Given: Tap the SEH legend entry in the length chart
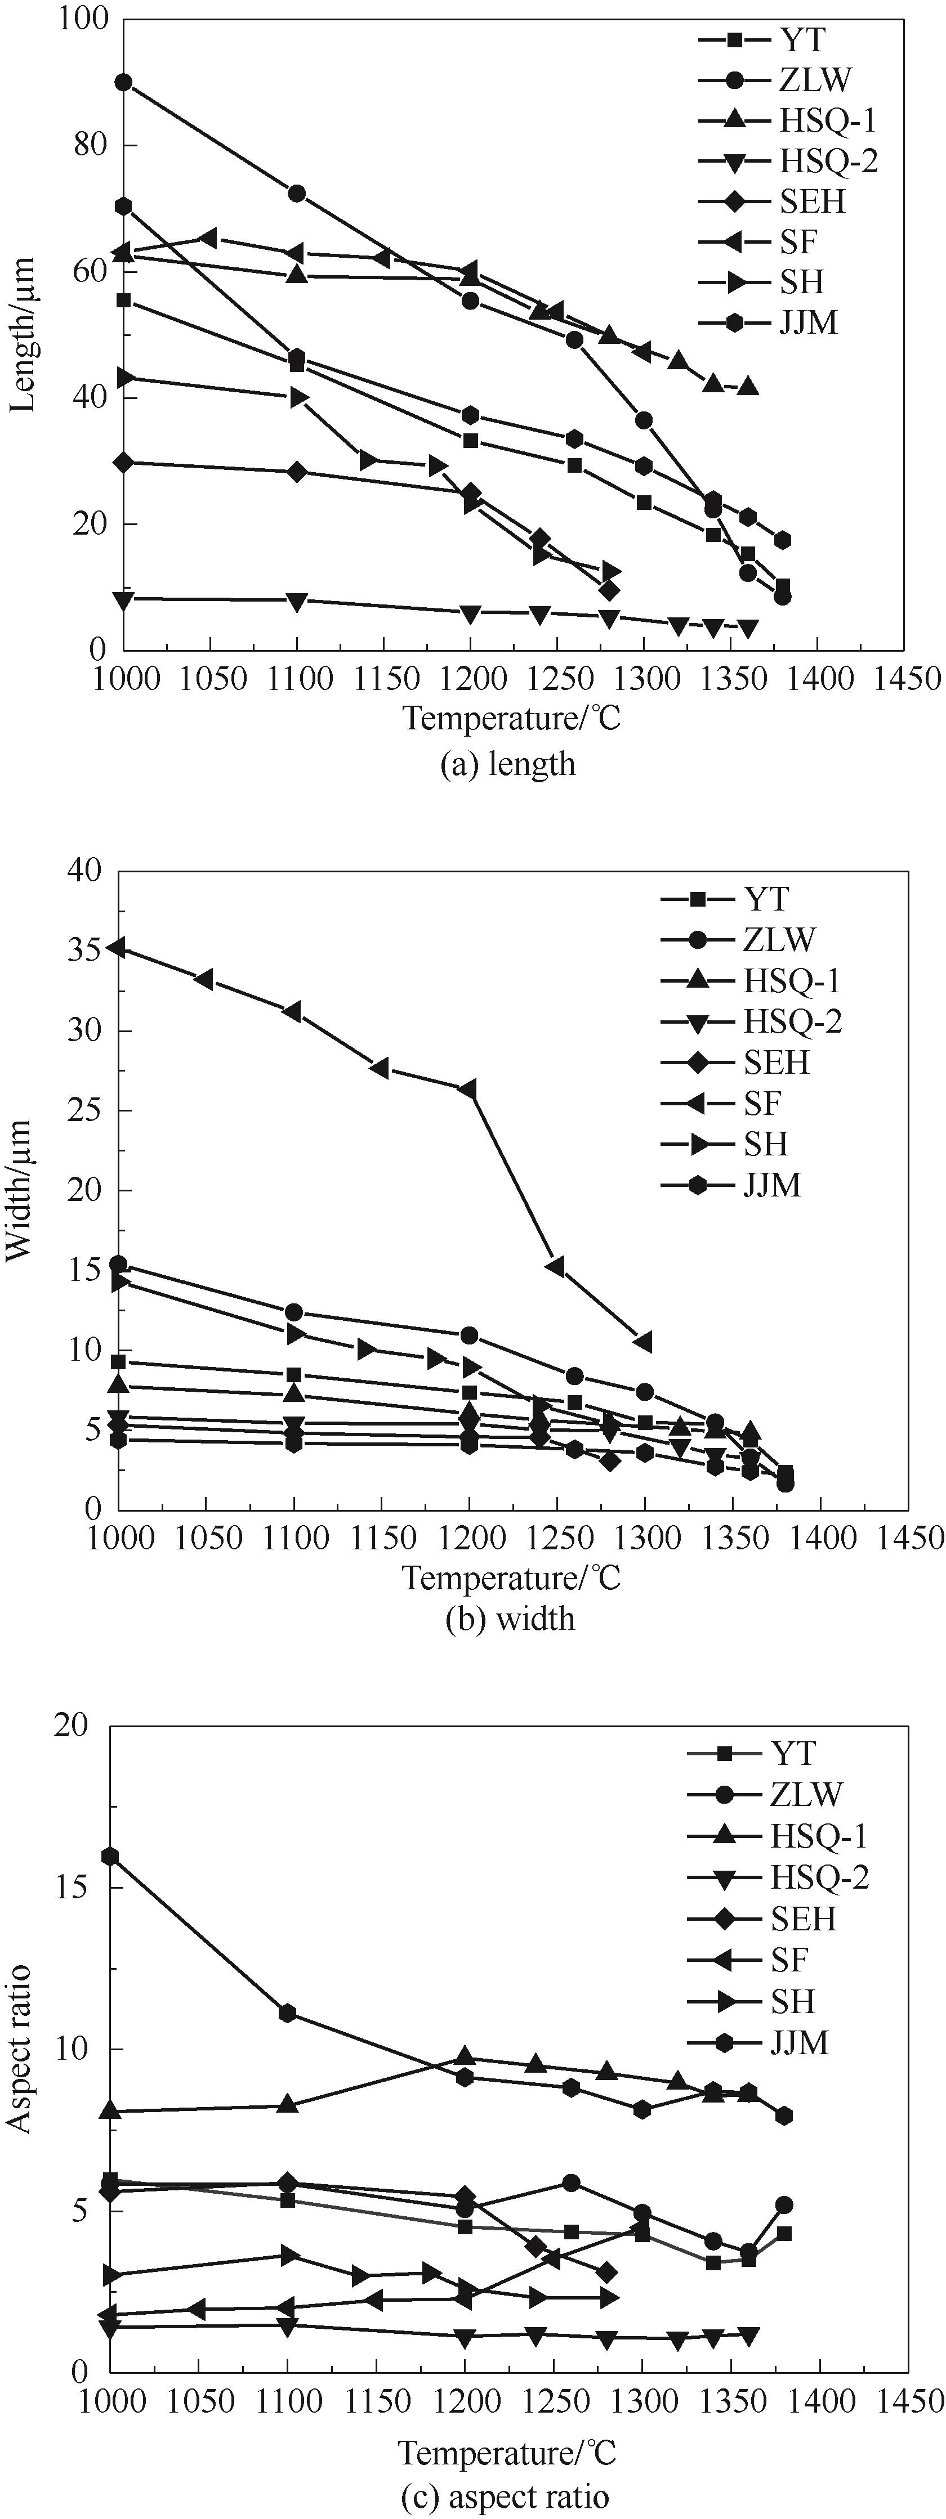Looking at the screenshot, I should [811, 201].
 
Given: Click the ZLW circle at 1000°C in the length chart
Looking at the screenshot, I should [123, 82].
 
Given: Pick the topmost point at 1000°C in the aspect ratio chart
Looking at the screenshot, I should [110, 1856].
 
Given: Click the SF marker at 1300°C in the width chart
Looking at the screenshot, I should [642, 1341].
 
